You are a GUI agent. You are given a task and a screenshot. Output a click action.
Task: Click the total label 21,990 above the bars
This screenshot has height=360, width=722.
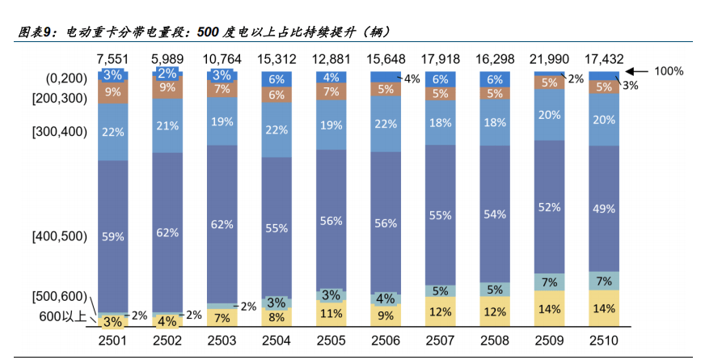549,59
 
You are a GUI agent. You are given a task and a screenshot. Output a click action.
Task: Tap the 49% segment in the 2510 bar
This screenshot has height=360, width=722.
604,209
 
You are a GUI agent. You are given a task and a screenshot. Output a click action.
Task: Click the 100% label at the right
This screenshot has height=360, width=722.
669,71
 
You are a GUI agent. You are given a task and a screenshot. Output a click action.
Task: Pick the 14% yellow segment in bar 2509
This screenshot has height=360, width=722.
549,309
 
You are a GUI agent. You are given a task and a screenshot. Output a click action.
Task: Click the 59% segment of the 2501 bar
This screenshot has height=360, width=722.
113,236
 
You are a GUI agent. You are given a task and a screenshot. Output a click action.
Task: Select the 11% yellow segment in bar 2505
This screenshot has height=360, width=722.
331,313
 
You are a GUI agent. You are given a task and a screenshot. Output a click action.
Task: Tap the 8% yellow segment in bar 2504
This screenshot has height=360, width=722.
277,317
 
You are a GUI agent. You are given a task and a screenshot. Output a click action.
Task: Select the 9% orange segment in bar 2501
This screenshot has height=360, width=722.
113,91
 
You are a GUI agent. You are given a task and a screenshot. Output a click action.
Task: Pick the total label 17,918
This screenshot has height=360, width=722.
440,59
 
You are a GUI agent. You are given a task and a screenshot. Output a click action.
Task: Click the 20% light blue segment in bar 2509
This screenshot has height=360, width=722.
549,114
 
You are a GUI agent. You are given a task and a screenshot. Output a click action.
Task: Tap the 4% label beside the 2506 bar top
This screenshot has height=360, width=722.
412,78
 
